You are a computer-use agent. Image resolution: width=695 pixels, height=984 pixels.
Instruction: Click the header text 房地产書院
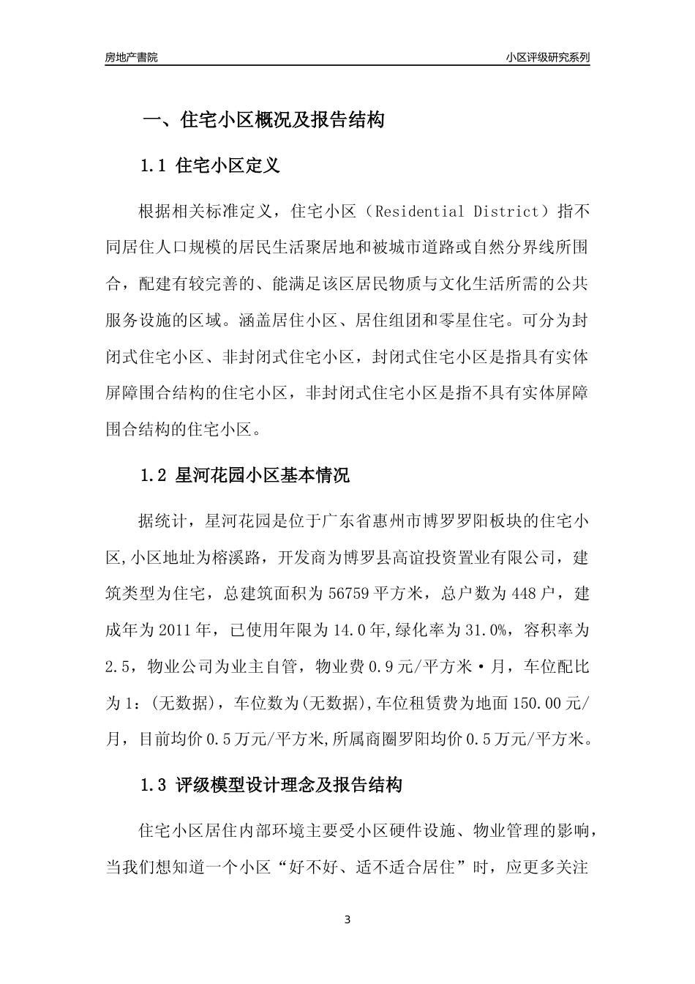pos(131,57)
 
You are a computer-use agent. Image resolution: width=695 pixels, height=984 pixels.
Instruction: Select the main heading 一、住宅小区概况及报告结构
pos(263,120)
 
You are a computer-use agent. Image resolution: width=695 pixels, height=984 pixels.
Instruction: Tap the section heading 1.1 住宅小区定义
pos(210,166)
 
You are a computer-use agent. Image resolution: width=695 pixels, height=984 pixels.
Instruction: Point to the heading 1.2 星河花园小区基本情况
pos(244,476)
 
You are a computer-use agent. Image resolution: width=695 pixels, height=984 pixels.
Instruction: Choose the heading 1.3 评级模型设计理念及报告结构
pos(271,786)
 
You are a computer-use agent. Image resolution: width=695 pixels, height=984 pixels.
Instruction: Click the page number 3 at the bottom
pos(347,919)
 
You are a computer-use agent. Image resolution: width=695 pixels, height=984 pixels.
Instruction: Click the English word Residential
pos(417,212)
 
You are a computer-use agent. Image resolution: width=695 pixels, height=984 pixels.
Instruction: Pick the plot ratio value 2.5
pos(117,666)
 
